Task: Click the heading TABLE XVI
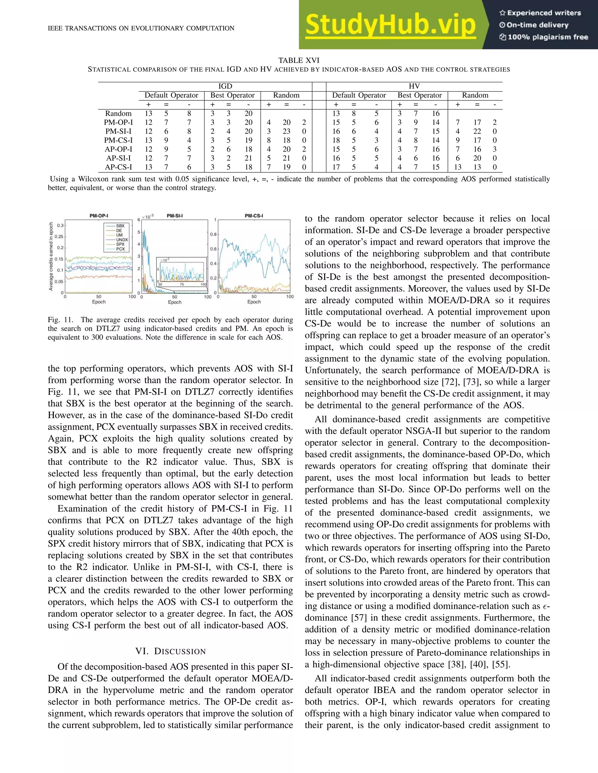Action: click(299, 60)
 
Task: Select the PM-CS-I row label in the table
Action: click(118, 140)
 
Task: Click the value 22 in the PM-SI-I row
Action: click(477, 131)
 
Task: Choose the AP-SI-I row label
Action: click(118, 158)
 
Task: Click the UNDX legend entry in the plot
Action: click(122, 239)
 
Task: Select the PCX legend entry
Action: click(121, 249)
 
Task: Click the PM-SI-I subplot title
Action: click(175, 216)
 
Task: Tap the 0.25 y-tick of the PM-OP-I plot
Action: click(60, 237)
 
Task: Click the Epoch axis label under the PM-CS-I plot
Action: click(254, 302)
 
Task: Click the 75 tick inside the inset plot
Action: click(182, 284)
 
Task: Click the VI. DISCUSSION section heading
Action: click(171, 652)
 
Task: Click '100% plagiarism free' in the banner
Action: click(548, 37)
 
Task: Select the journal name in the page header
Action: click(141, 28)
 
